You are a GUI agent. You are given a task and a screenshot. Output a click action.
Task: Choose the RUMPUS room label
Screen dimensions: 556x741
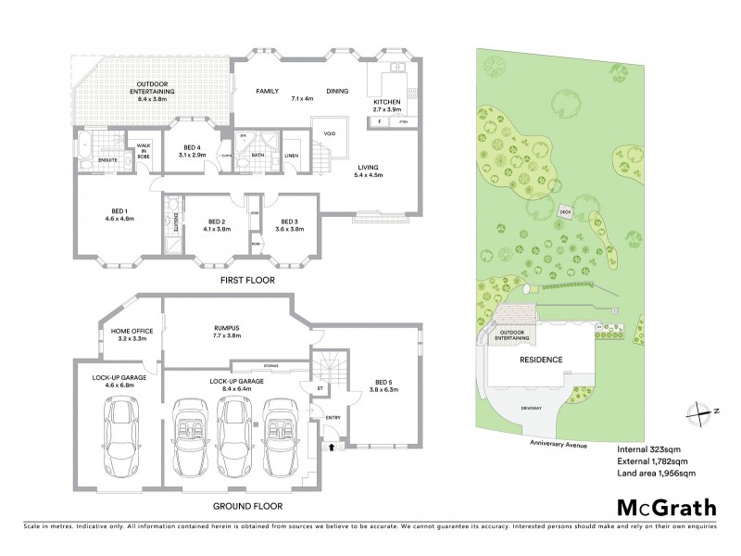point(226,331)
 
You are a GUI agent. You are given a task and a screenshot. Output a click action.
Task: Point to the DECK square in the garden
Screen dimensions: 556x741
point(565,212)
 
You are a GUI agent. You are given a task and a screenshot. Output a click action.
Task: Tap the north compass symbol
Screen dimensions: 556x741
point(690,413)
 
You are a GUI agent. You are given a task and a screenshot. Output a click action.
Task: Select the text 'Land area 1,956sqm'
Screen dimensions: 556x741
point(656,473)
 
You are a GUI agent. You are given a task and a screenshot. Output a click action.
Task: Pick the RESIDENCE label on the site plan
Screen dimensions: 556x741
point(541,360)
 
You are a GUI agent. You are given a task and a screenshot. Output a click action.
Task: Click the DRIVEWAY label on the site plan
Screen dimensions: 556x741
point(531,405)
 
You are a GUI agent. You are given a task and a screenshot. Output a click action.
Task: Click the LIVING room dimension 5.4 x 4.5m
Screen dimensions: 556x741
point(370,174)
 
